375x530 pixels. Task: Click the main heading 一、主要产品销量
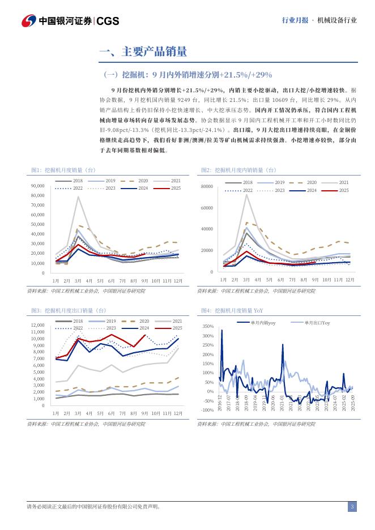(143, 53)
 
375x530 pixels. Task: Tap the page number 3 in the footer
(352, 506)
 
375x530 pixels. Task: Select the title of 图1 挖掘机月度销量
(64, 169)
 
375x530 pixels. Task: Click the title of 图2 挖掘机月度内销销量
(238, 169)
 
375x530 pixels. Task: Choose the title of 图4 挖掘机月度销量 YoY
(232, 310)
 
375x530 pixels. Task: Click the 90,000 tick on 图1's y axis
(37, 186)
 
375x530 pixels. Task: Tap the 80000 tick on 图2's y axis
(207, 186)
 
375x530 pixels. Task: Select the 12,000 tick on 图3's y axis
(37, 325)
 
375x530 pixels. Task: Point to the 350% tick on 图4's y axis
(207, 327)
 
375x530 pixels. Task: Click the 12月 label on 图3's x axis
(178, 413)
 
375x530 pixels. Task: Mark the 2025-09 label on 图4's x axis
(352, 406)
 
